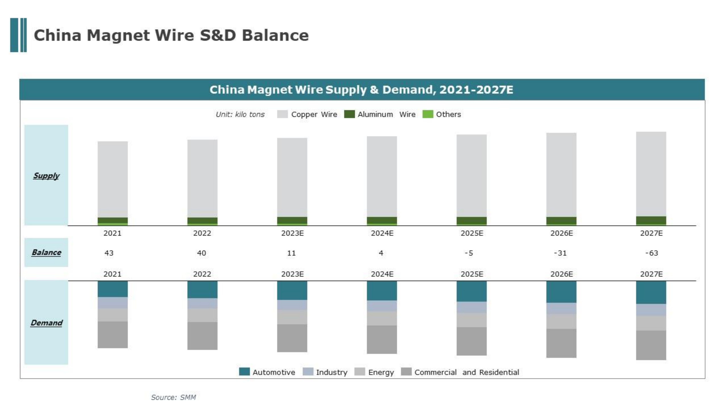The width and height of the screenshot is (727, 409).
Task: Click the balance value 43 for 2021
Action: [109, 253]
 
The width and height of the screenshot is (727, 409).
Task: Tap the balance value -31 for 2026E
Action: [560, 253]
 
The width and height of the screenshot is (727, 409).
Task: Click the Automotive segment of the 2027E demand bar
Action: [651, 292]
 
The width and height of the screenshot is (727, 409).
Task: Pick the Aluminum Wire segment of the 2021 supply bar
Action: [113, 220]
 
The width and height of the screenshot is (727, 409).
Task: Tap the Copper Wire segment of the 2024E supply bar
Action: [382, 176]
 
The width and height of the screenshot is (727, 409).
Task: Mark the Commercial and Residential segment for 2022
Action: [202, 336]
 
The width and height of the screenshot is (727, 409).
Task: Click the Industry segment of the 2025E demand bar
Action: [472, 307]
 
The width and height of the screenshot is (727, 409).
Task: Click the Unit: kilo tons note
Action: [240, 114]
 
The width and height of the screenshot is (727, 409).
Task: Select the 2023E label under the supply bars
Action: [292, 233]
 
